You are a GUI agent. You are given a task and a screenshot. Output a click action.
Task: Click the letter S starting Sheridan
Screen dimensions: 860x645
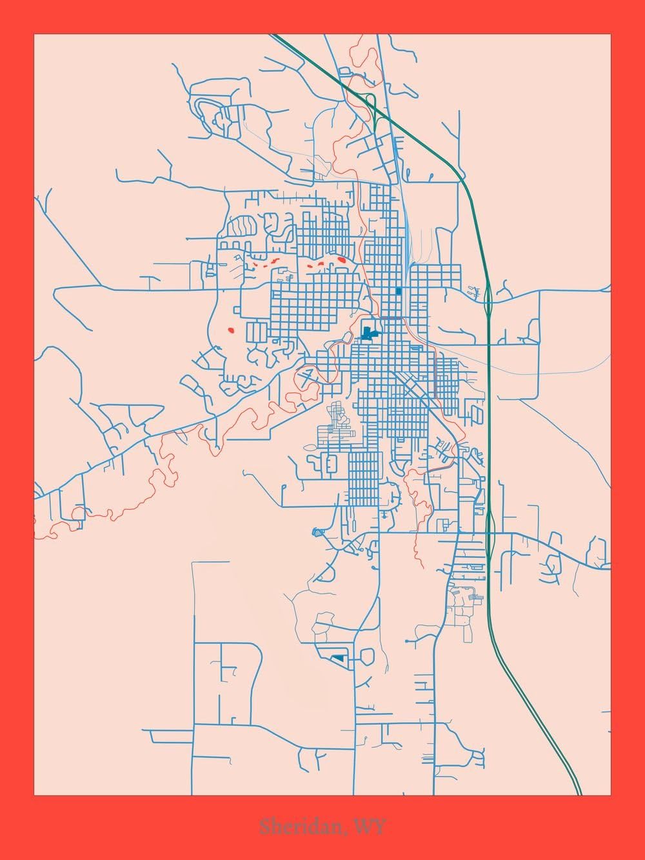tap(264, 826)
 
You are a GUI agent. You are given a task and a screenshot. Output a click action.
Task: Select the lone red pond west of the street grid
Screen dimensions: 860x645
tap(231, 330)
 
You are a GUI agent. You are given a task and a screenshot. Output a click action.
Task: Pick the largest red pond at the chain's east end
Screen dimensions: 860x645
tap(341, 260)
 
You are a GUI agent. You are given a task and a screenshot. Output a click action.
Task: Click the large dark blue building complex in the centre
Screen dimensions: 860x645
tap(368, 334)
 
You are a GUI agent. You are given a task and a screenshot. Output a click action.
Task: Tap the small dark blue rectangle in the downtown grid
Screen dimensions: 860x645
tap(399, 291)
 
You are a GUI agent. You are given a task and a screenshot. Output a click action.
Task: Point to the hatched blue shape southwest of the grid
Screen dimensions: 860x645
tap(316, 532)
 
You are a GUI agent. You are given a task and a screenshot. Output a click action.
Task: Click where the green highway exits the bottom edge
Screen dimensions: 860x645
tap(579, 793)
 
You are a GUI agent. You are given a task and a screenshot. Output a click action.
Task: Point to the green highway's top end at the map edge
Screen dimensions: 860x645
tap(273, 35)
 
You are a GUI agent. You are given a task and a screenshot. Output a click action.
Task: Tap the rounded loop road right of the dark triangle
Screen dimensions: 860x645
tap(367, 657)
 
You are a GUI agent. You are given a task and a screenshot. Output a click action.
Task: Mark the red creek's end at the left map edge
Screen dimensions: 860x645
tap(36, 536)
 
